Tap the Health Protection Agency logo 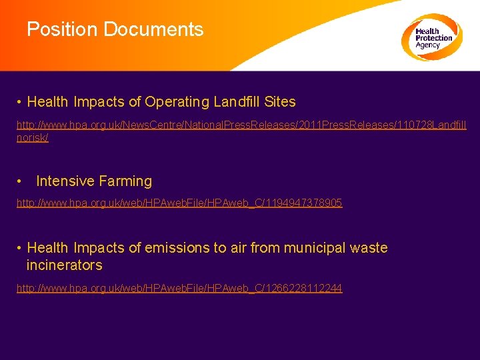click(431, 37)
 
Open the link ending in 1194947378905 click(179, 203)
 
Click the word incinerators click(64, 265)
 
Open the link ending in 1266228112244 click(179, 289)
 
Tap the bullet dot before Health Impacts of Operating click(21, 103)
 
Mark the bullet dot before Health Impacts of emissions click(21, 248)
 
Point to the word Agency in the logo click(427, 45)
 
